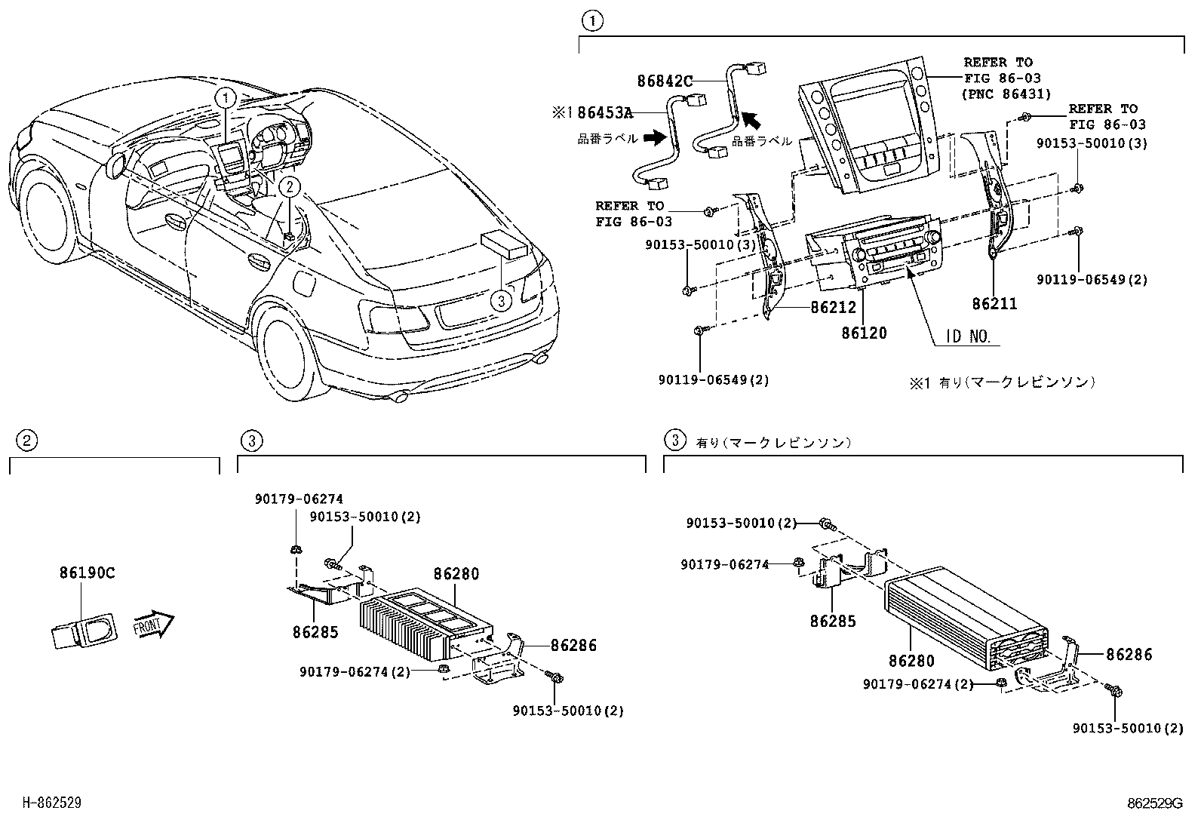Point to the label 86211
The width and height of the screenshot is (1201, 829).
[994, 304]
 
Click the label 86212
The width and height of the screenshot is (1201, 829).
[833, 308]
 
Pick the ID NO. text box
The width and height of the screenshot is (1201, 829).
[969, 337]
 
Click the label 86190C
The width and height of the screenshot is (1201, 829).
[87, 573]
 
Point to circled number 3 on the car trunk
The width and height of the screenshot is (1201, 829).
[499, 301]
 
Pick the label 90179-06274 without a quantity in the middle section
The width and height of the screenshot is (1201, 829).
[299, 499]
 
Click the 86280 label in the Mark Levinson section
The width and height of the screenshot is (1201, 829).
[911, 662]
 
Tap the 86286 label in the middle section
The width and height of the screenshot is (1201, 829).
[573, 645]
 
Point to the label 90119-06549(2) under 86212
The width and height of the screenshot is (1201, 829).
[713, 380]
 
